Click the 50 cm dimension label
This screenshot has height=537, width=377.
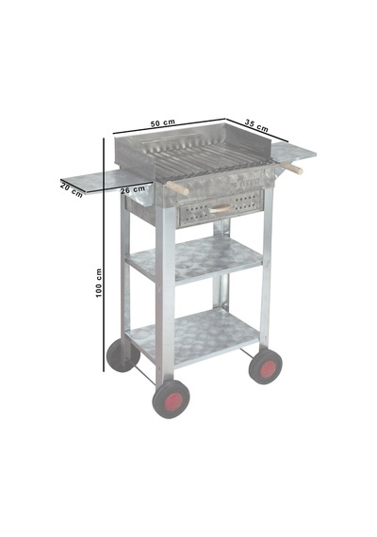163,123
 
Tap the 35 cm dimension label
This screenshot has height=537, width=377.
256,125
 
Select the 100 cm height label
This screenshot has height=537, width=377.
99,283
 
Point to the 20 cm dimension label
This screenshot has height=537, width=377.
72,190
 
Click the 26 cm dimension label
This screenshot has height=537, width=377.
133,189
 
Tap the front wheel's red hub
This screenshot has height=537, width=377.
173,400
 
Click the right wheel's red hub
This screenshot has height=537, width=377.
268,368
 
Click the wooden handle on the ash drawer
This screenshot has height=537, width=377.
221,208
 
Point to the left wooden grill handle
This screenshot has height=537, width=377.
177,188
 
